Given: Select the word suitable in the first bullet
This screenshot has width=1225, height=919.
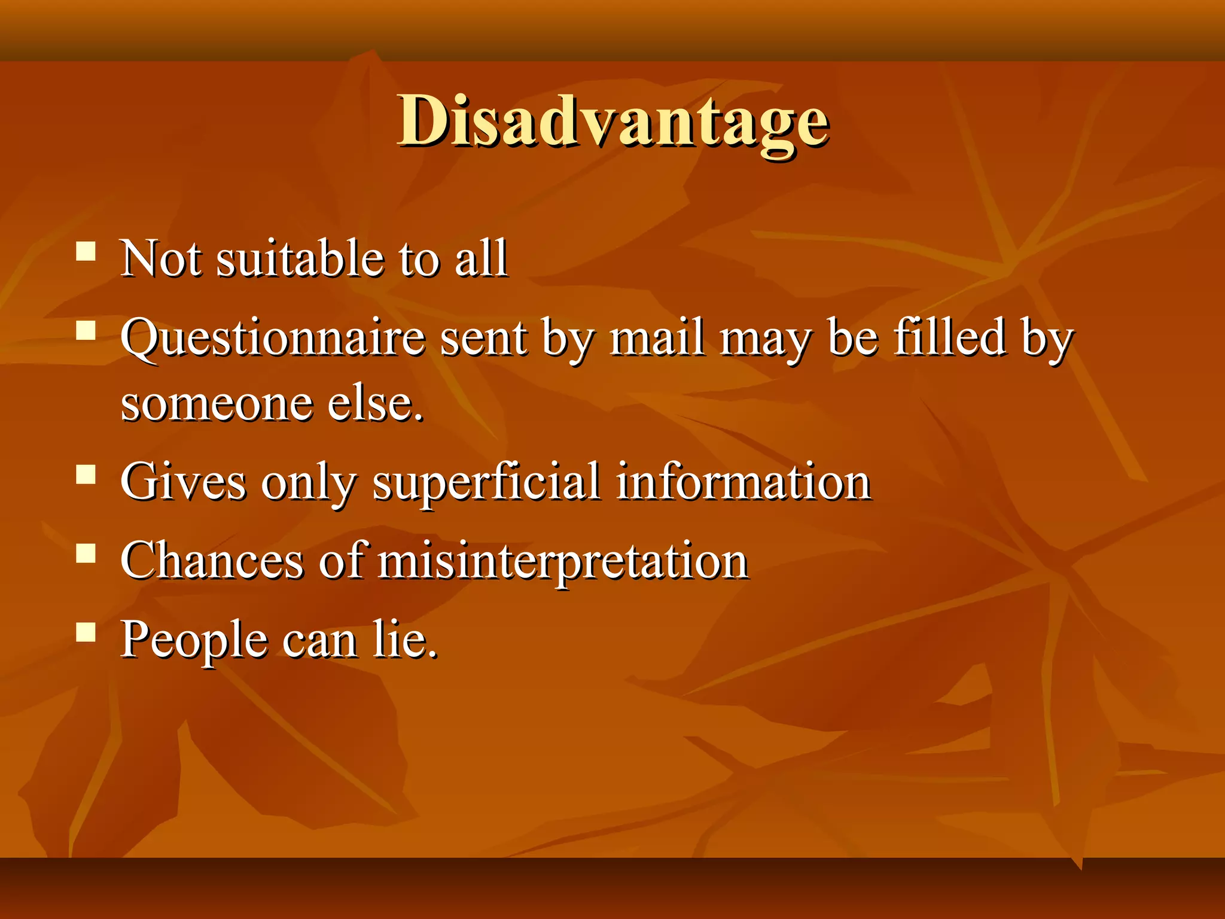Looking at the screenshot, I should tap(300, 258).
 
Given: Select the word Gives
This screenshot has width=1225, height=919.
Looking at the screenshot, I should tap(183, 482).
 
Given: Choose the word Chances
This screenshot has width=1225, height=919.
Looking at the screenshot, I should tap(212, 561).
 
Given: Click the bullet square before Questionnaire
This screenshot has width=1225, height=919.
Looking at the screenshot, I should tap(87, 330).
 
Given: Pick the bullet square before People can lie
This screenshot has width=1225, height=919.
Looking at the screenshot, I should tap(87, 632).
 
